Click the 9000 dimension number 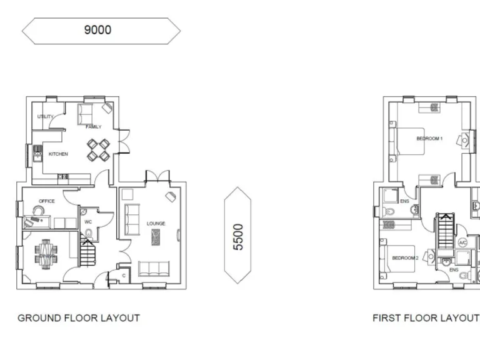click(x=98, y=29)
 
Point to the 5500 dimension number click(x=238, y=237)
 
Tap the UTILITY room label click(x=45, y=117)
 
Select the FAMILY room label click(x=93, y=127)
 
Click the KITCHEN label click(x=58, y=154)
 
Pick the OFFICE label click(x=47, y=201)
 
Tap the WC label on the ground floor click(x=88, y=222)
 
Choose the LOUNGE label click(x=156, y=223)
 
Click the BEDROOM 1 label click(x=429, y=138)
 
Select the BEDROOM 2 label click(x=404, y=258)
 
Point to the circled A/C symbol click(x=462, y=242)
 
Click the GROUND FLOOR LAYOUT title click(x=79, y=318)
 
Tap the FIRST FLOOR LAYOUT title click(x=426, y=318)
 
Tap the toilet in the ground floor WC click(x=89, y=235)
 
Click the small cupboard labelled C click(x=123, y=275)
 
